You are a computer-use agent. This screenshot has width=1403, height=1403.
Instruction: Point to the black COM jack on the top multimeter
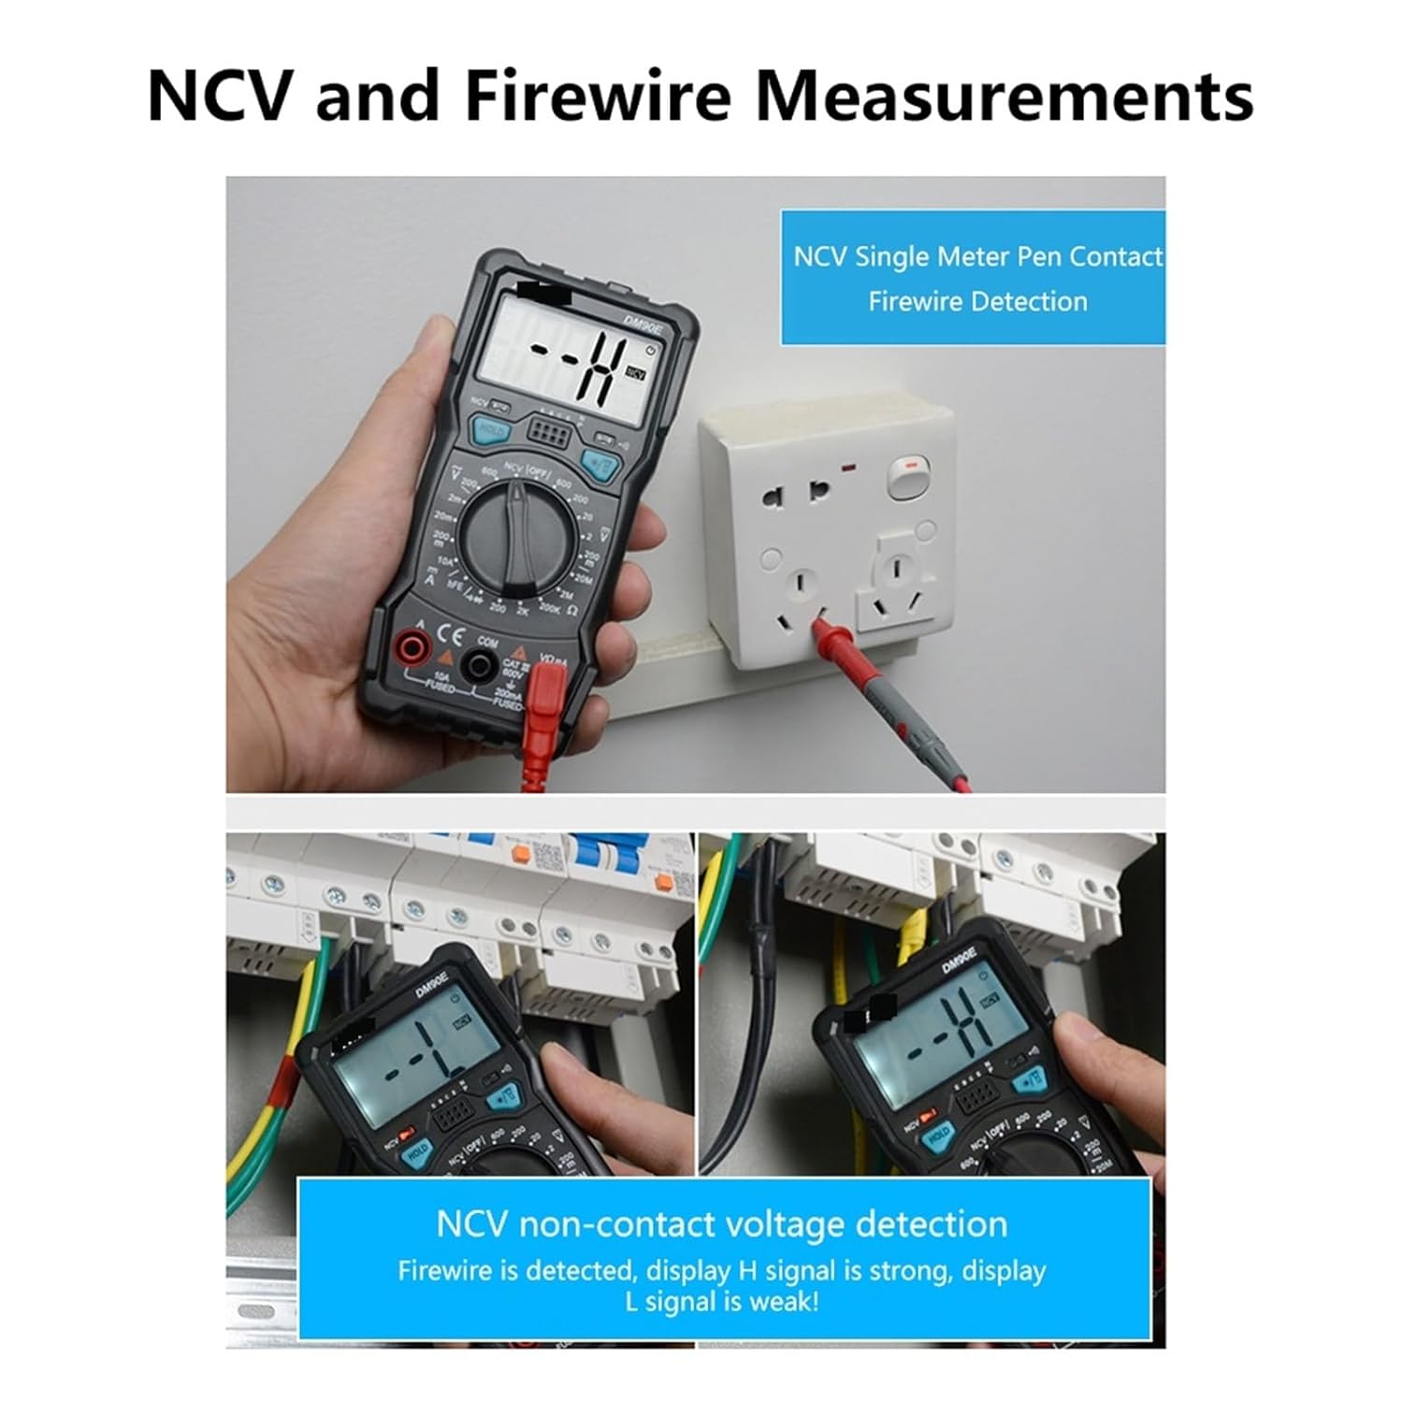pos(483,664)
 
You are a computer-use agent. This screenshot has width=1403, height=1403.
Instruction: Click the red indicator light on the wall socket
pos(852,466)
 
